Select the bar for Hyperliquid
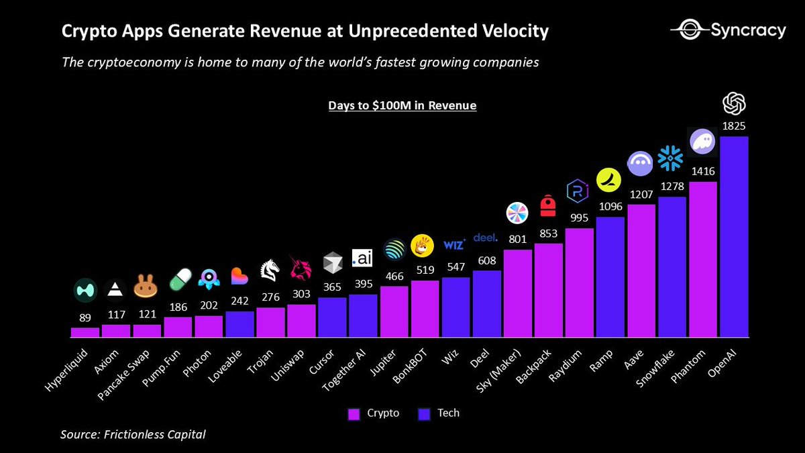(x=85, y=332)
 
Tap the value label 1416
(x=703, y=171)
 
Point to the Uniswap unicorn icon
(x=301, y=267)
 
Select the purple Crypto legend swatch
(x=354, y=413)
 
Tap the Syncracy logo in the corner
(x=728, y=30)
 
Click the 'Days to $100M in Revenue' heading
(x=402, y=105)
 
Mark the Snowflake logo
(x=670, y=159)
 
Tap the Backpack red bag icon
(x=549, y=206)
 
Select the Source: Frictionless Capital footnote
(x=133, y=434)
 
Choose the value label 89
(x=85, y=317)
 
